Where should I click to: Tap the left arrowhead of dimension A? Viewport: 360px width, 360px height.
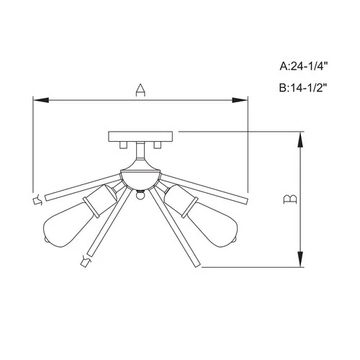(x=38, y=99)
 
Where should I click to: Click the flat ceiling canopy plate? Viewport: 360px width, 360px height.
(x=140, y=136)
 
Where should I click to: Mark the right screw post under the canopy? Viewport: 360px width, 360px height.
(x=156, y=146)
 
